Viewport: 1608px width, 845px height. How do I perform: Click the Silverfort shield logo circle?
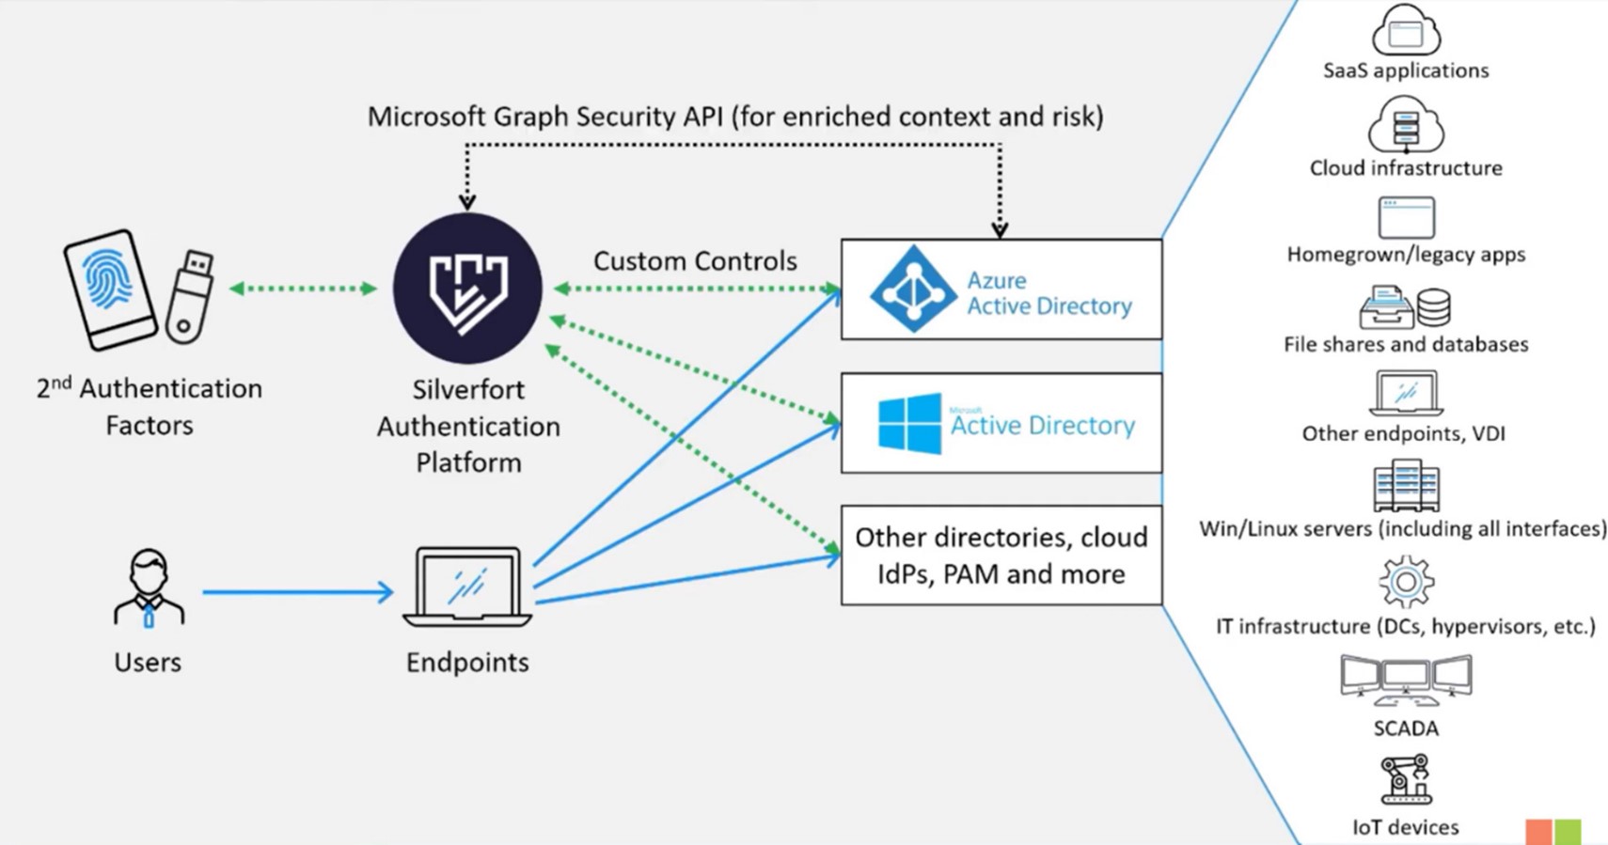pyautogui.click(x=467, y=288)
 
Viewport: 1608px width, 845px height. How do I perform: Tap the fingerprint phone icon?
pyautogui.click(x=110, y=288)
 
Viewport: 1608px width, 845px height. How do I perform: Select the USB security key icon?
pyautogui.click(x=189, y=296)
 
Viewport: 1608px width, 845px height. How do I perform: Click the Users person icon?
pyautogui.click(x=149, y=588)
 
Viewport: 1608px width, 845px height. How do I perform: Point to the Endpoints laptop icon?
pyautogui.click(x=467, y=587)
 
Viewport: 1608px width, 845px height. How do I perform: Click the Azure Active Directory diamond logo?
pyautogui.click(x=912, y=289)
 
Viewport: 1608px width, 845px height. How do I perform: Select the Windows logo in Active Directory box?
pyautogui.click(x=908, y=424)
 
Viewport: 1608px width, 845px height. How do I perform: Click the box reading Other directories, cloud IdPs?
pyautogui.click(x=1001, y=556)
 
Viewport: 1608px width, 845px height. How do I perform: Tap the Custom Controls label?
pyautogui.click(x=695, y=261)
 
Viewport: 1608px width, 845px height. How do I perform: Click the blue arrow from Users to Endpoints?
pyautogui.click(x=297, y=592)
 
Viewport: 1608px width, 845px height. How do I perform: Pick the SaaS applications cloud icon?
pyautogui.click(x=1406, y=30)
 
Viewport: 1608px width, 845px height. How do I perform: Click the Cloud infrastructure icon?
pyautogui.click(x=1406, y=126)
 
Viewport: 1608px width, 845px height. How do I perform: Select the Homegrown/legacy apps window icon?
pyautogui.click(x=1406, y=218)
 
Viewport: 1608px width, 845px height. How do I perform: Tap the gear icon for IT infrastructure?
pyautogui.click(x=1406, y=582)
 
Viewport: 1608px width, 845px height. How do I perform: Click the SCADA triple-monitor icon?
pyautogui.click(x=1406, y=680)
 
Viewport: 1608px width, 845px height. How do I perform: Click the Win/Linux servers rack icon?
pyautogui.click(x=1406, y=486)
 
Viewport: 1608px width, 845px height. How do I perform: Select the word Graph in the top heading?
pyautogui.click(x=531, y=117)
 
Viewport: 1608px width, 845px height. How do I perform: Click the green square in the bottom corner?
pyautogui.click(x=1568, y=832)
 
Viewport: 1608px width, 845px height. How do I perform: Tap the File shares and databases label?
pyautogui.click(x=1406, y=345)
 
